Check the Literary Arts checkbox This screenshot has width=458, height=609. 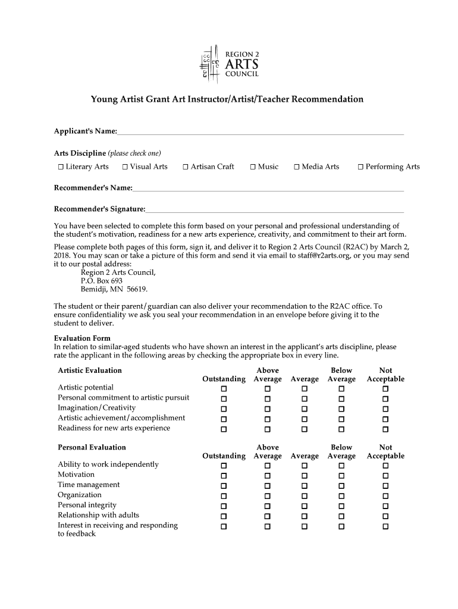click(61, 167)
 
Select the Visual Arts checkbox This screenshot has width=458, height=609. click(125, 167)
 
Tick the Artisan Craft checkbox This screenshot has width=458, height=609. click(186, 167)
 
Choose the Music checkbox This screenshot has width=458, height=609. click(253, 167)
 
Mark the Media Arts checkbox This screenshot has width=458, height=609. click(297, 167)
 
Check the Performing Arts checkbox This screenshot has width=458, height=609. click(360, 167)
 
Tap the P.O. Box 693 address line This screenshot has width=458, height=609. click(102, 281)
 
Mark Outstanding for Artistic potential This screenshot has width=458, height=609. click(224, 389)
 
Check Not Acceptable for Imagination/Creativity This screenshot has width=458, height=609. click(385, 409)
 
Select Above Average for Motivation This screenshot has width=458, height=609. click(267, 476)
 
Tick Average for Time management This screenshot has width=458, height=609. click(305, 486)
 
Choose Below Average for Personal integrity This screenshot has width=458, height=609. click(341, 506)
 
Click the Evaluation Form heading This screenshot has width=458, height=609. click(82, 338)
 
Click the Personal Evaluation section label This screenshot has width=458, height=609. click(92, 447)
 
